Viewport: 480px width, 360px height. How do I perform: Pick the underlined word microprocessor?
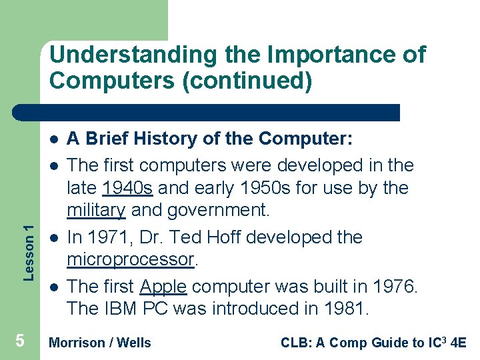[131, 259]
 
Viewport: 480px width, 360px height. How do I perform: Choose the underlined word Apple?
[163, 287]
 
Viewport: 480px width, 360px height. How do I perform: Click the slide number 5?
[20, 341]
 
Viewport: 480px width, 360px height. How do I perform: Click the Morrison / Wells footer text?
[101, 343]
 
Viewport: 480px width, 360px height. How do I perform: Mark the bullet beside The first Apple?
[53, 287]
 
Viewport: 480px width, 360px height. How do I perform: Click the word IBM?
[119, 309]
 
